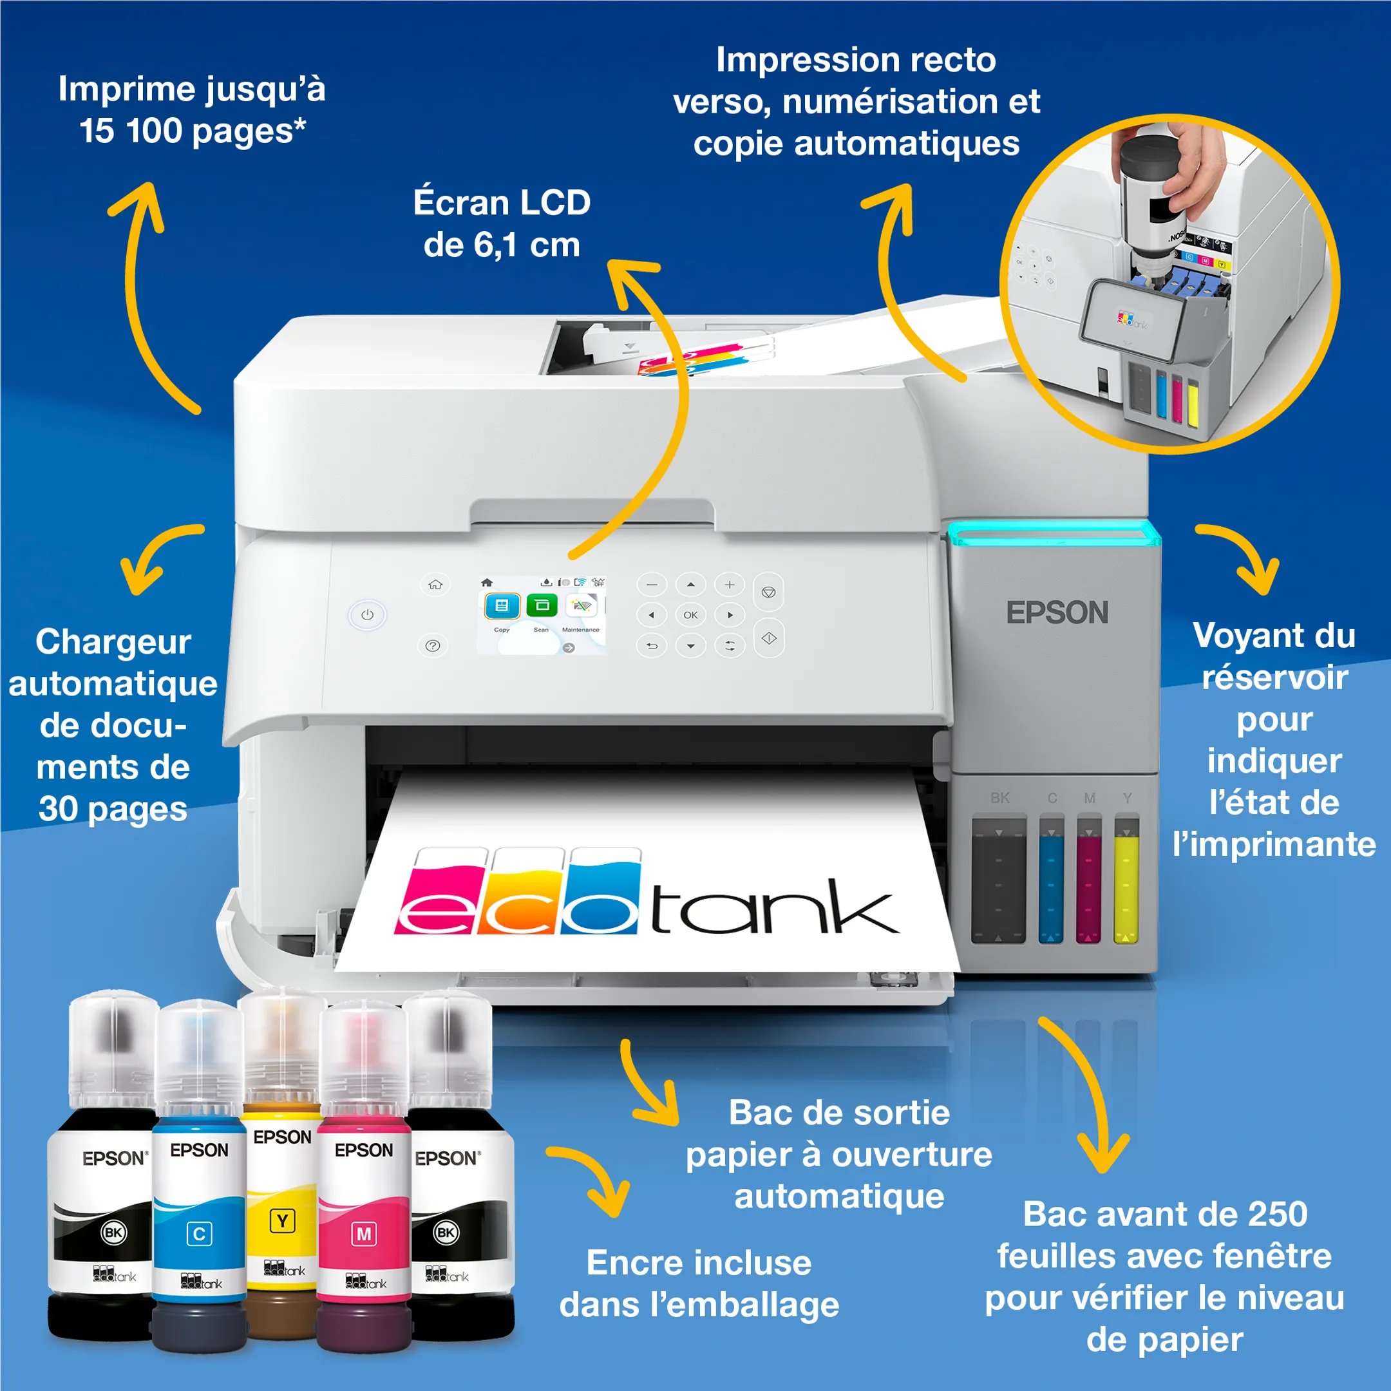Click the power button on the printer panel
pyautogui.click(x=367, y=615)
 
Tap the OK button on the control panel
pyautogui.click(x=690, y=615)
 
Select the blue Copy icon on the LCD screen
pyautogui.click(x=502, y=605)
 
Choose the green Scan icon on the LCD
pyautogui.click(x=542, y=605)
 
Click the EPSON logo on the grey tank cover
pyautogui.click(x=1057, y=612)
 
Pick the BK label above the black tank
pyautogui.click(x=999, y=798)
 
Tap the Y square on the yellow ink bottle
pyautogui.click(x=282, y=1221)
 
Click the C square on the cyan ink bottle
pyautogui.click(x=200, y=1234)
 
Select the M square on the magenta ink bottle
pyautogui.click(x=364, y=1234)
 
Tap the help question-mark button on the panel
pyautogui.click(x=433, y=646)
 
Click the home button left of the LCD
pyautogui.click(x=435, y=584)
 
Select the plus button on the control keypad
pyautogui.click(x=730, y=585)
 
